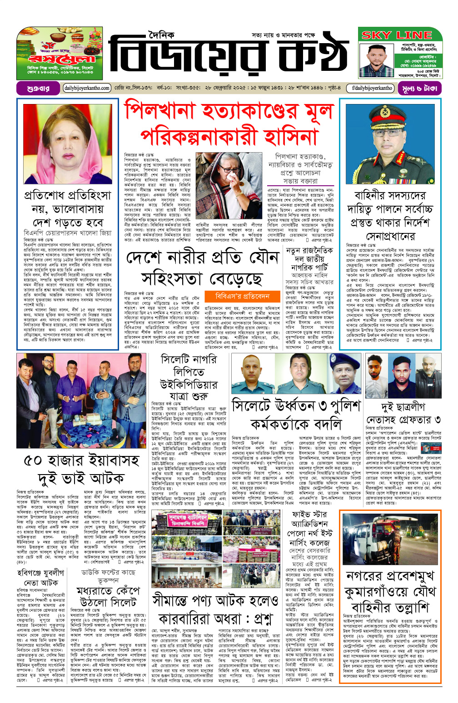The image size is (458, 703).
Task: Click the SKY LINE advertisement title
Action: [397, 35]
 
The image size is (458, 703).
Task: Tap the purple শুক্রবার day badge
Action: [38, 88]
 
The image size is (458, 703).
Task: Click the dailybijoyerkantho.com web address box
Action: [87, 88]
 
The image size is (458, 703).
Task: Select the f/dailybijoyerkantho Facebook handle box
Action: [372, 88]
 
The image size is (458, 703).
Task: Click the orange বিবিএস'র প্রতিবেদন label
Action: [242, 296]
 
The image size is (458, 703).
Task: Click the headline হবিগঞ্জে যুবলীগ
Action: [40, 573]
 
